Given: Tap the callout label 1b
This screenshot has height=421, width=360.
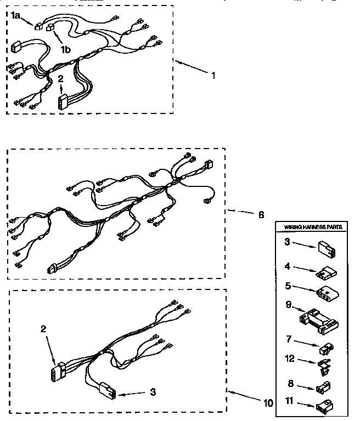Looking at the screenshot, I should (x=65, y=50).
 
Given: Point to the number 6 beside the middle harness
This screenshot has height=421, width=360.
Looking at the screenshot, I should (x=261, y=214).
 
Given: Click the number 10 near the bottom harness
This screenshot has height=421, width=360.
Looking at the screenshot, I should (x=268, y=403).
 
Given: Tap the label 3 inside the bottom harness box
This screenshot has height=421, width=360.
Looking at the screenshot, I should (x=153, y=392).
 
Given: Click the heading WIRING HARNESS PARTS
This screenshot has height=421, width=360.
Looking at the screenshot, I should (x=311, y=227).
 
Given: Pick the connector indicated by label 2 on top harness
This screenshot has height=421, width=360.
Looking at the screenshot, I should (x=63, y=103).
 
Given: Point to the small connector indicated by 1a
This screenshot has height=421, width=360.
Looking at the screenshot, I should (x=38, y=25).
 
